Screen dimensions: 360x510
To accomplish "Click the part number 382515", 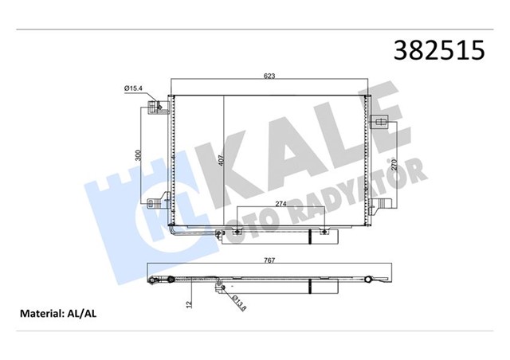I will [437, 50].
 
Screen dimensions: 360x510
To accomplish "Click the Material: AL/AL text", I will [57, 314].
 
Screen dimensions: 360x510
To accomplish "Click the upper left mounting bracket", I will [163, 106].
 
